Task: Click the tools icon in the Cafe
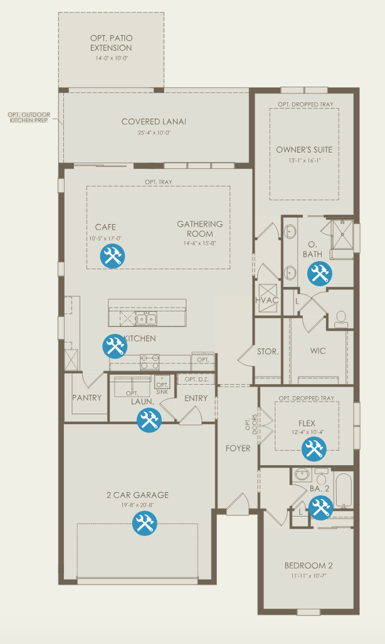tap(112, 256)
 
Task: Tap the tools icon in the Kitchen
tap(115, 346)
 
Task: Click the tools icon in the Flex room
tap(314, 449)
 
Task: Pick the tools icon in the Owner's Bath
tap(320, 274)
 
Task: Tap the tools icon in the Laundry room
tap(149, 420)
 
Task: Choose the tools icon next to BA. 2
tap(321, 508)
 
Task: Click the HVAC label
tap(266, 300)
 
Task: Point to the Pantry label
tap(87, 397)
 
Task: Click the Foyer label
tap(238, 448)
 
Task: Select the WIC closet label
tap(318, 351)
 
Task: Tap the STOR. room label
tap(268, 352)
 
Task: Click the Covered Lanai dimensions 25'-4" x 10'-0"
tap(154, 132)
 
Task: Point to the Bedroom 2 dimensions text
tap(309, 576)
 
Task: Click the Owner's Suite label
tap(304, 149)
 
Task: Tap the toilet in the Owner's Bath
tap(341, 319)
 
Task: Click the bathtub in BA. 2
tap(344, 491)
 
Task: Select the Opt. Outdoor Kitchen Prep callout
tap(29, 117)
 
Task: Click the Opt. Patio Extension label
tap(111, 43)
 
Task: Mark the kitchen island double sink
tap(147, 318)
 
